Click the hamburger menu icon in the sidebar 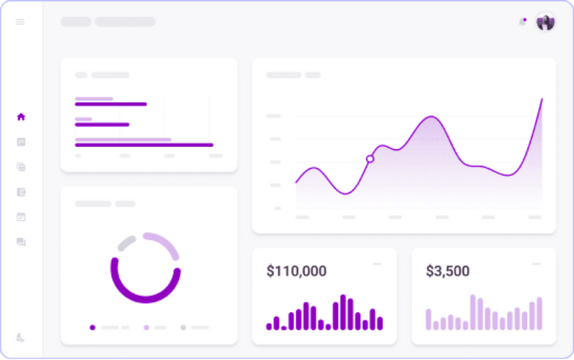20,22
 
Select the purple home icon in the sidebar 21,116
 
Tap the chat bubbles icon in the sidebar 21,242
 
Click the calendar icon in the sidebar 21,217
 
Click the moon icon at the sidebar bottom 21,337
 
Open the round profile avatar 545,22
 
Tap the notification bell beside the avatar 522,22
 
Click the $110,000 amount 296,271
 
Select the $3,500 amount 447,271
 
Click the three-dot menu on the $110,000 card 377,264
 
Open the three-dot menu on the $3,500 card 536,264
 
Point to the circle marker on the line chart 370,159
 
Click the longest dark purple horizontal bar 143,145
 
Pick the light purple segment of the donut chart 164,244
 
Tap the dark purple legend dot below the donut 93,327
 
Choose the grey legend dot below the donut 183,327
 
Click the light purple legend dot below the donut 147,327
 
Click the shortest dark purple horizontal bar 102,125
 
